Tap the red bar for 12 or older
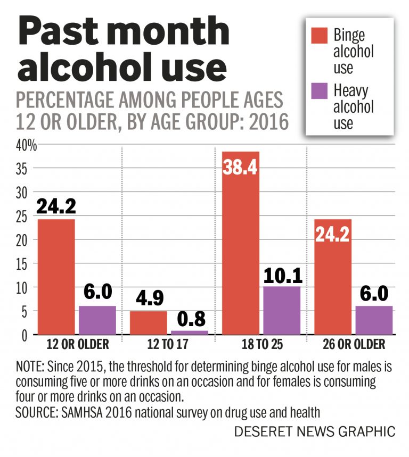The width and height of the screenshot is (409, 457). click(56, 277)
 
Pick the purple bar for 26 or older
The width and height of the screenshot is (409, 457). click(374, 320)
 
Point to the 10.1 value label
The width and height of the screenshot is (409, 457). click(282, 275)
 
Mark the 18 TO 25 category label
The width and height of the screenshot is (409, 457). click(261, 345)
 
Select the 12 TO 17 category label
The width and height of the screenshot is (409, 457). click(168, 345)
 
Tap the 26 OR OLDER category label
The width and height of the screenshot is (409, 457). click(354, 345)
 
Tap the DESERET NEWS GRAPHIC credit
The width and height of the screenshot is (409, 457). click(315, 431)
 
